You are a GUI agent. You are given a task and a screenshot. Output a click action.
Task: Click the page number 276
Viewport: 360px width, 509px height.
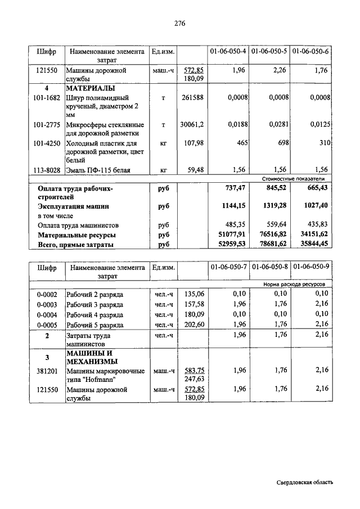tap(180, 24)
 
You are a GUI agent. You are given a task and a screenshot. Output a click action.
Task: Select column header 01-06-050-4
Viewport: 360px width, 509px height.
tap(228, 51)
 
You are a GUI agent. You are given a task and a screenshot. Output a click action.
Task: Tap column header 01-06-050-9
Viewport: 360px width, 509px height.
tap(311, 268)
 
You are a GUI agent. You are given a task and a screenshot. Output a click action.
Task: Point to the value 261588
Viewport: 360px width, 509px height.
tap(192, 98)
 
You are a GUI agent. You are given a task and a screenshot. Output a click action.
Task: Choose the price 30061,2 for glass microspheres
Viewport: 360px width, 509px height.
tap(192, 125)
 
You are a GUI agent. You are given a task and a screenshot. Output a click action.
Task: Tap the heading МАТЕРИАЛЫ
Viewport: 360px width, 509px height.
tap(91, 89)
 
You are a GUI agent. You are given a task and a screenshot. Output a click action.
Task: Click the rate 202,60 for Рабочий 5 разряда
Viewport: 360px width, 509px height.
tap(192, 325)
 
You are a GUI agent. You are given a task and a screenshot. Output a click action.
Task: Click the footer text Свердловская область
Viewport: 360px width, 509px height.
tap(305, 483)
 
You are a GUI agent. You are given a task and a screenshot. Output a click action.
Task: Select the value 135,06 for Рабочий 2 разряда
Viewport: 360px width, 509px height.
tap(192, 294)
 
